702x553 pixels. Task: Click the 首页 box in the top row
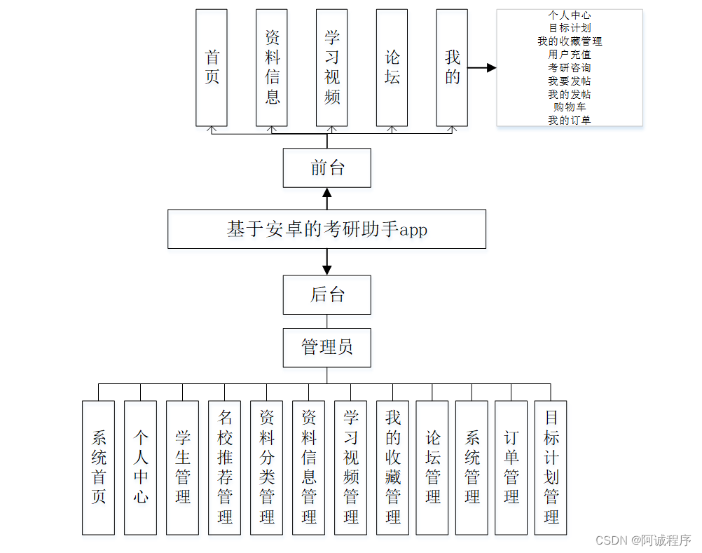click(x=212, y=67)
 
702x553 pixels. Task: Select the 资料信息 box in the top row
click(x=272, y=67)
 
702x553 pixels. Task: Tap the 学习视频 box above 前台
click(x=331, y=67)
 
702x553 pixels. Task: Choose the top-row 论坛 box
click(x=392, y=67)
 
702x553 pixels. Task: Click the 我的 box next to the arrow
click(x=452, y=67)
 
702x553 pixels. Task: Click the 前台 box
click(x=327, y=168)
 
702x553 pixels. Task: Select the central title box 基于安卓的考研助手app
click(x=326, y=229)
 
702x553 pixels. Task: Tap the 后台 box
click(x=327, y=295)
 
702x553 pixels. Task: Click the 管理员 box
click(x=327, y=348)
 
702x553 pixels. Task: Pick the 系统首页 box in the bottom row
click(x=98, y=467)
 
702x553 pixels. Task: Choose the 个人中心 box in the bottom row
click(x=140, y=467)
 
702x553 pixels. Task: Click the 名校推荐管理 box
click(x=224, y=467)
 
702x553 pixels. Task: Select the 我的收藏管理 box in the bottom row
click(x=392, y=467)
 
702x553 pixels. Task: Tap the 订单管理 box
click(x=511, y=467)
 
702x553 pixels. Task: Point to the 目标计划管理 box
click(x=551, y=467)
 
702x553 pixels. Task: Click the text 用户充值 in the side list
click(x=569, y=55)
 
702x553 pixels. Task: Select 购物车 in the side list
click(x=569, y=107)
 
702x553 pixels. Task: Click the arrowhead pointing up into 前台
click(x=326, y=193)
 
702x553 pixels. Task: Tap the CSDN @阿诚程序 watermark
click(x=642, y=540)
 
